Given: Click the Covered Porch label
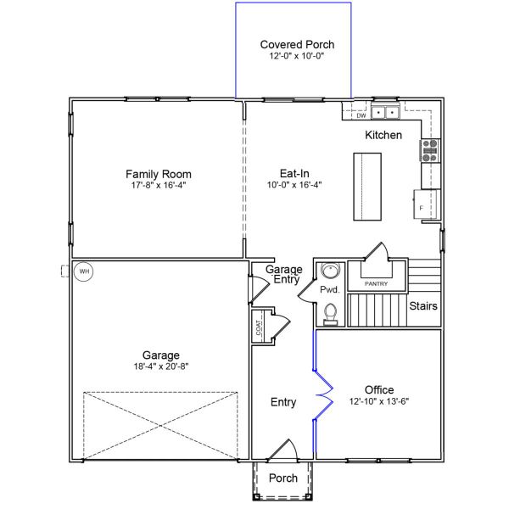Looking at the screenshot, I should pos(297,44).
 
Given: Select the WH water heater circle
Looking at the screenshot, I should pos(83,271).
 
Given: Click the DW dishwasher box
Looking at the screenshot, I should pos(361,115).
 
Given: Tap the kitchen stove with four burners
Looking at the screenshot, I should pos(429,150).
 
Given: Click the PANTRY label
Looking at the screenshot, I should pos(376,283).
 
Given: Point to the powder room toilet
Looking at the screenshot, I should pos(330,315).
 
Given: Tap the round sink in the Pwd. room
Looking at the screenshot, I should pos(330,271).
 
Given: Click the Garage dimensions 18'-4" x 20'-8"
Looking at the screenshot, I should pos(160,367).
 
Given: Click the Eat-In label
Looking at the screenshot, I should pos(294,172).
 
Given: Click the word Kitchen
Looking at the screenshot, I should pos(383,136).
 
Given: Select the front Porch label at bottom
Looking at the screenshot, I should pos(283,478).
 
